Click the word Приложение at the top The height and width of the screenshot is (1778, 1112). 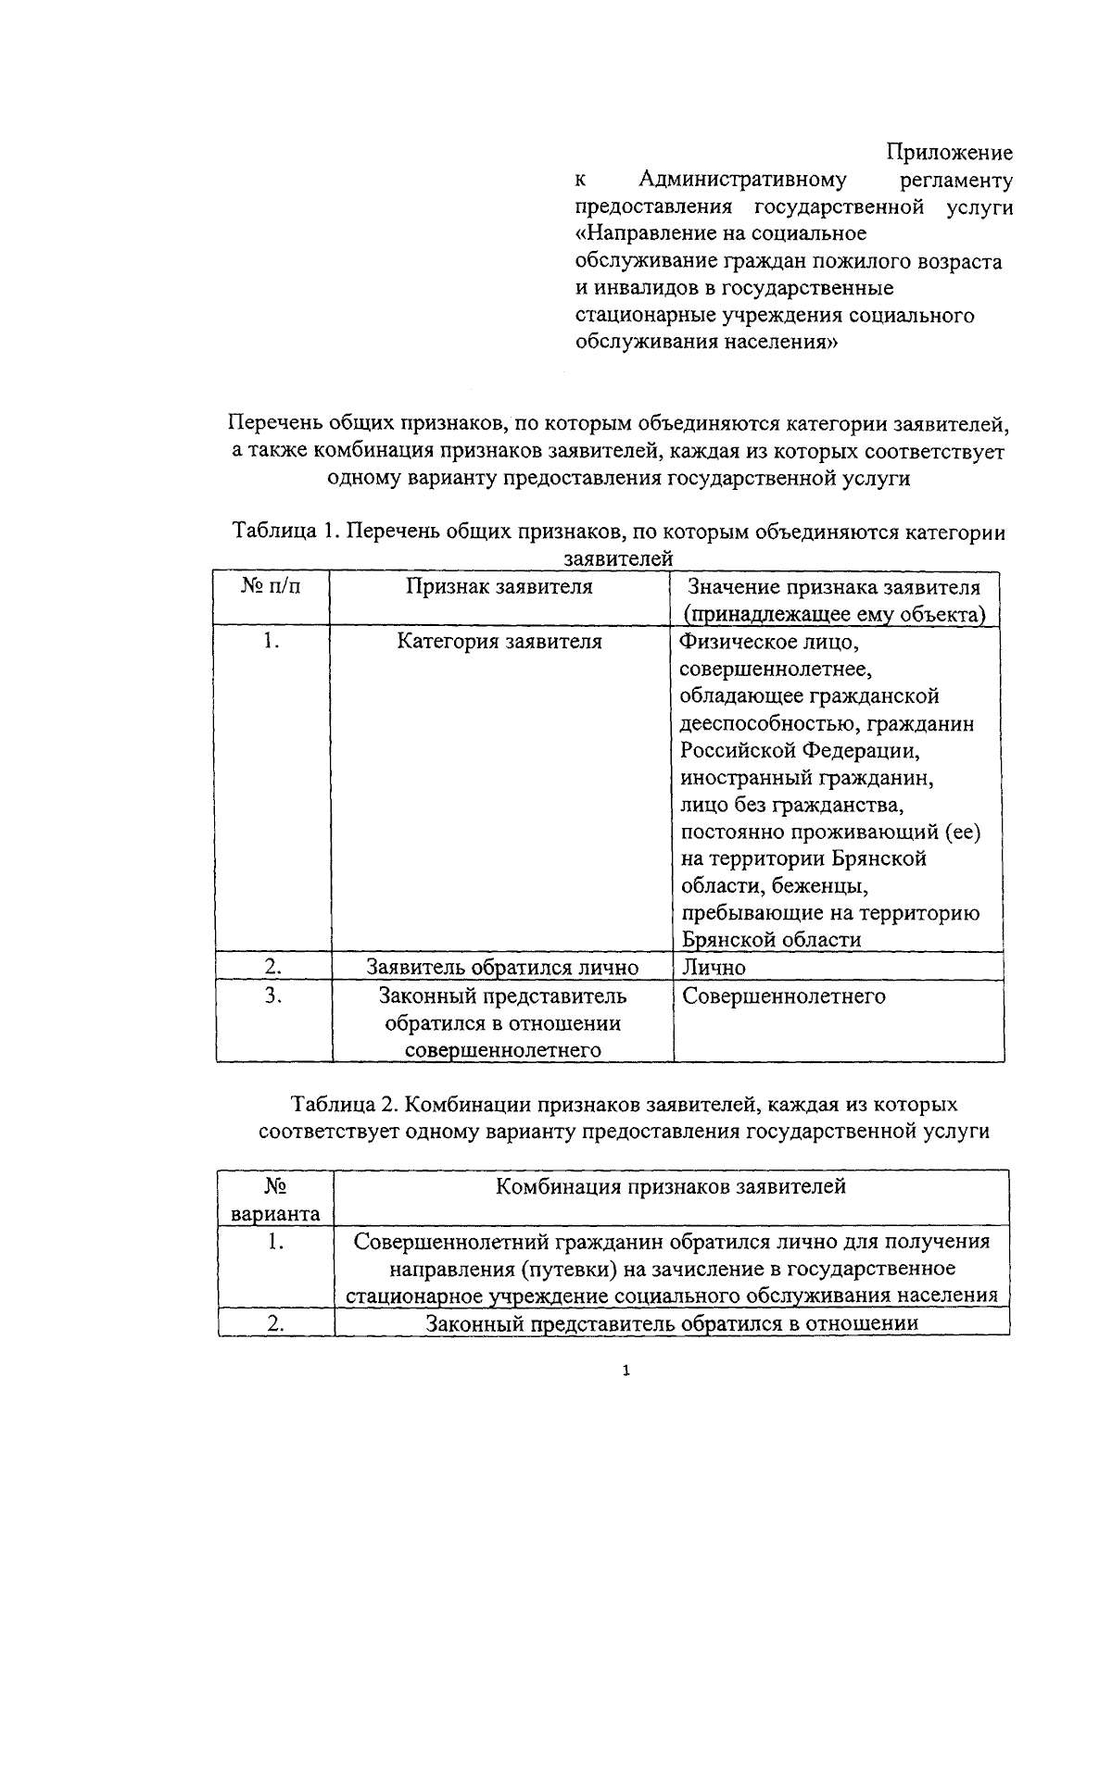[948, 152]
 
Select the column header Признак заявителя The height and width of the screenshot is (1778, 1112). [499, 586]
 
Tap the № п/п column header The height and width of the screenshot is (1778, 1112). [272, 586]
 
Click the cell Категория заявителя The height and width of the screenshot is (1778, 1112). [499, 642]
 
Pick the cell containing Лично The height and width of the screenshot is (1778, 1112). [714, 967]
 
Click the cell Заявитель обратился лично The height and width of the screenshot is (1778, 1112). [502, 967]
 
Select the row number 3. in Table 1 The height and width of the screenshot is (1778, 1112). [272, 995]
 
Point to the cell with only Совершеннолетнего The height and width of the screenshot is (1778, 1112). [783, 996]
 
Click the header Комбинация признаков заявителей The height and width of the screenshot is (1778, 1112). [671, 1186]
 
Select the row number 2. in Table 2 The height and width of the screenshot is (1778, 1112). [275, 1323]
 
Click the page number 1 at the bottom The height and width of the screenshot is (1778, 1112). [627, 1371]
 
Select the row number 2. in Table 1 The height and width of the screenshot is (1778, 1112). [272, 966]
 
